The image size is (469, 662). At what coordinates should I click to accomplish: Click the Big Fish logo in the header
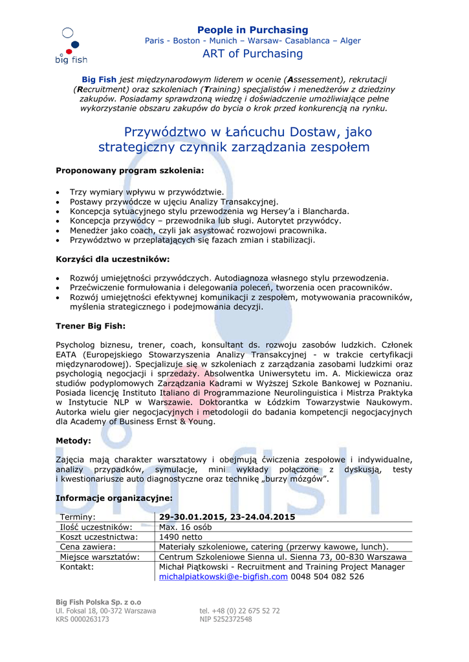pos(71,46)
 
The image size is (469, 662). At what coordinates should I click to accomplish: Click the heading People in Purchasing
pos(252,30)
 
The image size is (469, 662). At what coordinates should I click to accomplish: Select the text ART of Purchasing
pos(252,54)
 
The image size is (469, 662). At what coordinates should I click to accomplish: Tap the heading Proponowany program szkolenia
pos(129,171)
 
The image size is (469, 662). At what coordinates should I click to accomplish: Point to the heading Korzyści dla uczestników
pos(113,259)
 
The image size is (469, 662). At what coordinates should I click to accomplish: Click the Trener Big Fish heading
pos(91,326)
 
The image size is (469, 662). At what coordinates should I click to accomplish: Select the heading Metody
pos(73,440)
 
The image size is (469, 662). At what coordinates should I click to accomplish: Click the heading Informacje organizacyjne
pos(114,498)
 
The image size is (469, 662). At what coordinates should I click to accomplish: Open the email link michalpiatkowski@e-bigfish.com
pos(223,577)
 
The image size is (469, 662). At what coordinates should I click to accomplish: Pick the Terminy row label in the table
pos(78,517)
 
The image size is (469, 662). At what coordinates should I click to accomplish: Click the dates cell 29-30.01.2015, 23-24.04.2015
pos(227,517)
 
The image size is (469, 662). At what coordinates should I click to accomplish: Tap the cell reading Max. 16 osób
pos(185,527)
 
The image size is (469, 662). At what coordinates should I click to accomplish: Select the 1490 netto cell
pos(181,537)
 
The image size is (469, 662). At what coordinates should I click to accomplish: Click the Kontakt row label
pos(76,567)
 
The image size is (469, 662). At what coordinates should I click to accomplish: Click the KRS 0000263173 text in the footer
pos(82,619)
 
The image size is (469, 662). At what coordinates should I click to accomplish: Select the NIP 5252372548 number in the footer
pos(226,619)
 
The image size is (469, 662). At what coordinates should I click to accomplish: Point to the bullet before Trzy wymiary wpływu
pos(59,192)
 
